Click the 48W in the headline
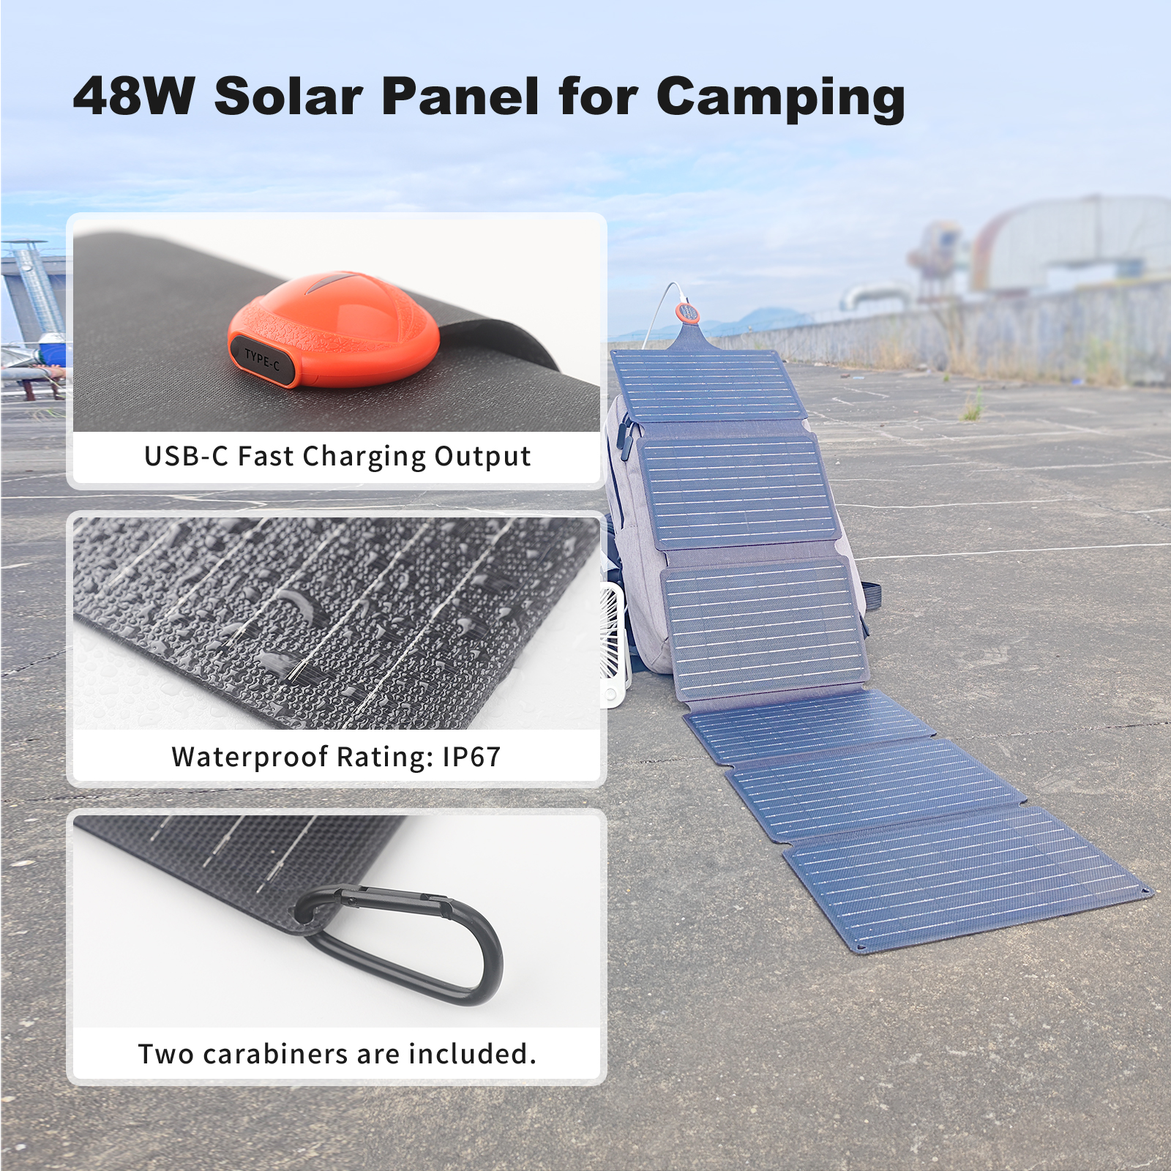click(134, 96)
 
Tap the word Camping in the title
click(781, 98)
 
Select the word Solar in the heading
click(288, 96)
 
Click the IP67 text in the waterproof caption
click(472, 757)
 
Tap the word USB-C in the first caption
click(187, 456)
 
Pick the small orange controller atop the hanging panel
click(686, 312)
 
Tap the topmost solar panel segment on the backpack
click(708, 386)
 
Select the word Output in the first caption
click(482, 457)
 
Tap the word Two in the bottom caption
click(167, 1054)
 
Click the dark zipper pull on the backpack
click(624, 439)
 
